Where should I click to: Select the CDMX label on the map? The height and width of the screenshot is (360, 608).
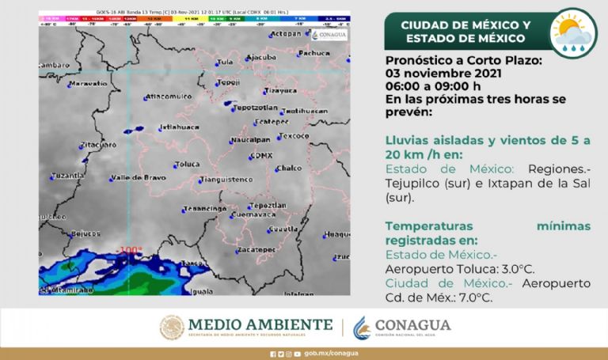(260, 155)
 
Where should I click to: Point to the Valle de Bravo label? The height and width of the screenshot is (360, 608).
(138, 177)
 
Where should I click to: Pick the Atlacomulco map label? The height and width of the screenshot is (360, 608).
(169, 97)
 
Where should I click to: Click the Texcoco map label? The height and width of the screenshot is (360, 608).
(294, 136)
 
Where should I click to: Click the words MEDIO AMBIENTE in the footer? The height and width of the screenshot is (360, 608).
(260, 325)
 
